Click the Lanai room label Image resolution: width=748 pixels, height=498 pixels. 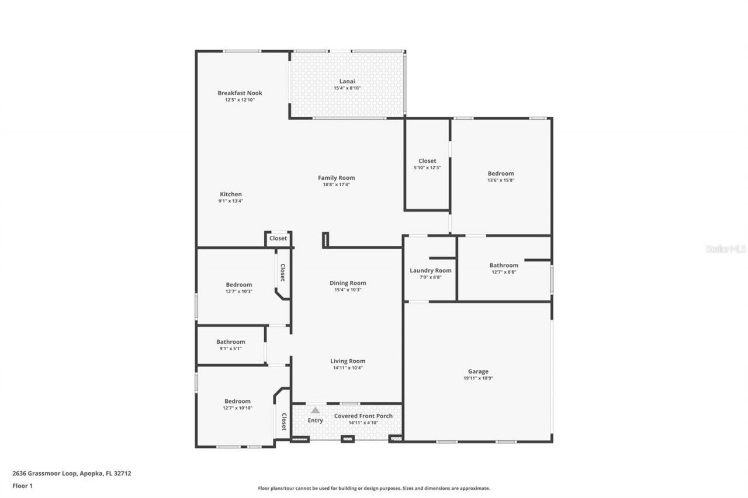(347, 81)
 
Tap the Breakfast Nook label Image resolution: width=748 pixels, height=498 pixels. (240, 93)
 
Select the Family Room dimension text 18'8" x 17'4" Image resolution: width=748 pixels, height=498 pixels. (336, 184)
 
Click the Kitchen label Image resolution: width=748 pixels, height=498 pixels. (230, 194)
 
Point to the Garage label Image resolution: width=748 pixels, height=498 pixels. (477, 371)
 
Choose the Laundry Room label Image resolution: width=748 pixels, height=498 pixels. (430, 270)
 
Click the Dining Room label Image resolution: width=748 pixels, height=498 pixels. (348, 283)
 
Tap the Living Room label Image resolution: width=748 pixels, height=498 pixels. (348, 361)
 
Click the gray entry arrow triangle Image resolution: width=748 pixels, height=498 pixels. (315, 410)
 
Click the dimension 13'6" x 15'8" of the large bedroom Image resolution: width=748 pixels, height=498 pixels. (501, 180)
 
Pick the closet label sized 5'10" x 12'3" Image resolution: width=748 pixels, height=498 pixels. (427, 161)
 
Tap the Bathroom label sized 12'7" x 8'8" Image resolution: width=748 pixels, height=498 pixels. (504, 265)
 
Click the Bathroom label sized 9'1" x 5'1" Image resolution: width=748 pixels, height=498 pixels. (230, 342)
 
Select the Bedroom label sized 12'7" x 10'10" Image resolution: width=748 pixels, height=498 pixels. (237, 401)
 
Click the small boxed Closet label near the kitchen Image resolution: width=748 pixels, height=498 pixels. (278, 238)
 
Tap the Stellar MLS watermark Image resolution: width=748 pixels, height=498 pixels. (726, 249)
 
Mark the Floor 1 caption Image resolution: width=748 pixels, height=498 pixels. (22, 485)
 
